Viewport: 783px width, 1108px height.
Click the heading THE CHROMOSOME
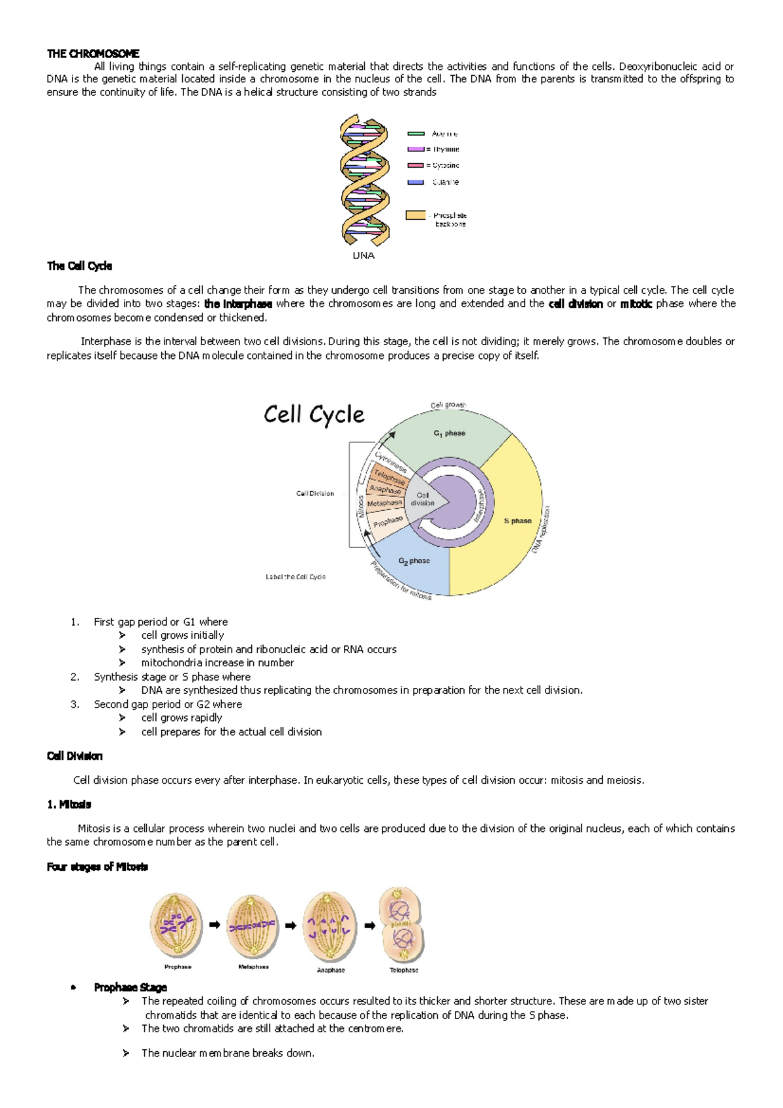pos(93,54)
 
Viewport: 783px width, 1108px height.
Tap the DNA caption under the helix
pos(363,256)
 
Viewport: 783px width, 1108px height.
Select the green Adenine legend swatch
pos(416,133)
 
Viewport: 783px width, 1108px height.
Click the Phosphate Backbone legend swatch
pos(416,215)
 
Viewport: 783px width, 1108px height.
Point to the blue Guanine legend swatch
pos(416,182)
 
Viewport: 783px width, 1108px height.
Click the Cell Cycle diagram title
pos(314,414)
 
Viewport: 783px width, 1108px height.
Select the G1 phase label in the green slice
pos(449,433)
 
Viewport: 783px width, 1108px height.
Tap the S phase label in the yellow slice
pos(517,521)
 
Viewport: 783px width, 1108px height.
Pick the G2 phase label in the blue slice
pos(414,561)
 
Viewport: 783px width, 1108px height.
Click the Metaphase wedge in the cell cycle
pos(384,503)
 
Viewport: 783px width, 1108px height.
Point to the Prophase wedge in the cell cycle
pos(388,521)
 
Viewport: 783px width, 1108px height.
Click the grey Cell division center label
pos(423,499)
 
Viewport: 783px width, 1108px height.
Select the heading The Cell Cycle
pos(80,266)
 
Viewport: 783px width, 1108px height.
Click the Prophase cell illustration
pos(176,925)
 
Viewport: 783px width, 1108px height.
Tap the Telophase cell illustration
pos(402,924)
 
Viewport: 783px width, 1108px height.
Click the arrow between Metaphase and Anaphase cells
pos(291,925)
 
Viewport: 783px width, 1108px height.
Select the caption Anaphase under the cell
pos(331,970)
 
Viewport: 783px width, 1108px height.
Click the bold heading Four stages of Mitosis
pos(97,867)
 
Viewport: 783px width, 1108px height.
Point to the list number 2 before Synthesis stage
pos(74,677)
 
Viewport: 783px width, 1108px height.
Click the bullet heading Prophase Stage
pos(130,988)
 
